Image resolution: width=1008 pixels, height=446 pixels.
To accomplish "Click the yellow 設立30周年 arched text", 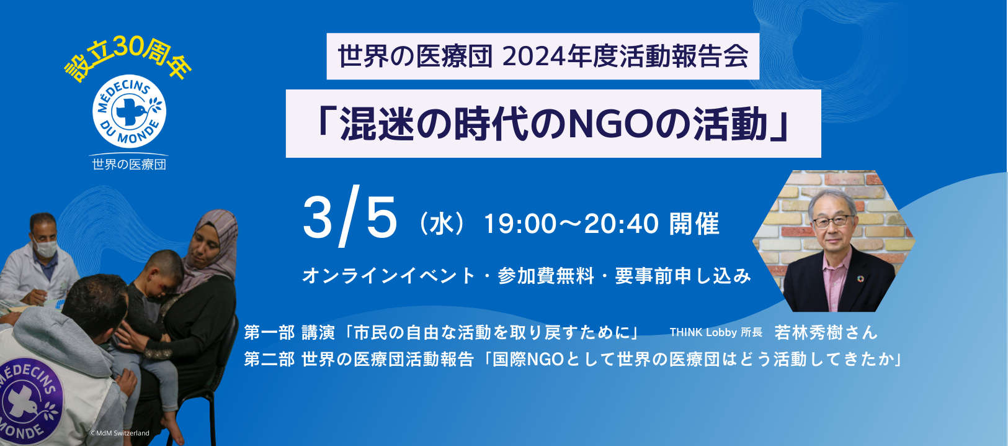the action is pos(128,58).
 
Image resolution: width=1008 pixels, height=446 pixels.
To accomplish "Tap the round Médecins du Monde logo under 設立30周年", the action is pos(129,111).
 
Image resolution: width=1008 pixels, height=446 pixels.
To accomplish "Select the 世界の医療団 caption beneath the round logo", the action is pos(129,164).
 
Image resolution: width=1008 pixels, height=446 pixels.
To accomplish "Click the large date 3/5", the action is pos(350,216).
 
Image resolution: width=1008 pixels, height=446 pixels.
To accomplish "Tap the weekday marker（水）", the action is pos(440,224).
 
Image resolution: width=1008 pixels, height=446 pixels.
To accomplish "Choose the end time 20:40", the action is pos(622,224).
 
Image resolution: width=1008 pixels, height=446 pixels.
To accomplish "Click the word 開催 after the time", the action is pos(694,224).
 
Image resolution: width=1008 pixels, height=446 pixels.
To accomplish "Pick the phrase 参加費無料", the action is pos(546,276).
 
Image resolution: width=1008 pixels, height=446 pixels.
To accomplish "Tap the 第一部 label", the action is pos(269,332).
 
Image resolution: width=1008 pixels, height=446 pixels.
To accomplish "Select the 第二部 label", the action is pos(269,360).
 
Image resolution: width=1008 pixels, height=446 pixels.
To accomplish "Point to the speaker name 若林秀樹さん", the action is pos(826,332).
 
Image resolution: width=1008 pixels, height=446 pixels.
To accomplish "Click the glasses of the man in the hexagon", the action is pos(832,221).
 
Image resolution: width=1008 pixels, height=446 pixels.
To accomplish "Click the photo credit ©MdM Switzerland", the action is pos(120,433).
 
